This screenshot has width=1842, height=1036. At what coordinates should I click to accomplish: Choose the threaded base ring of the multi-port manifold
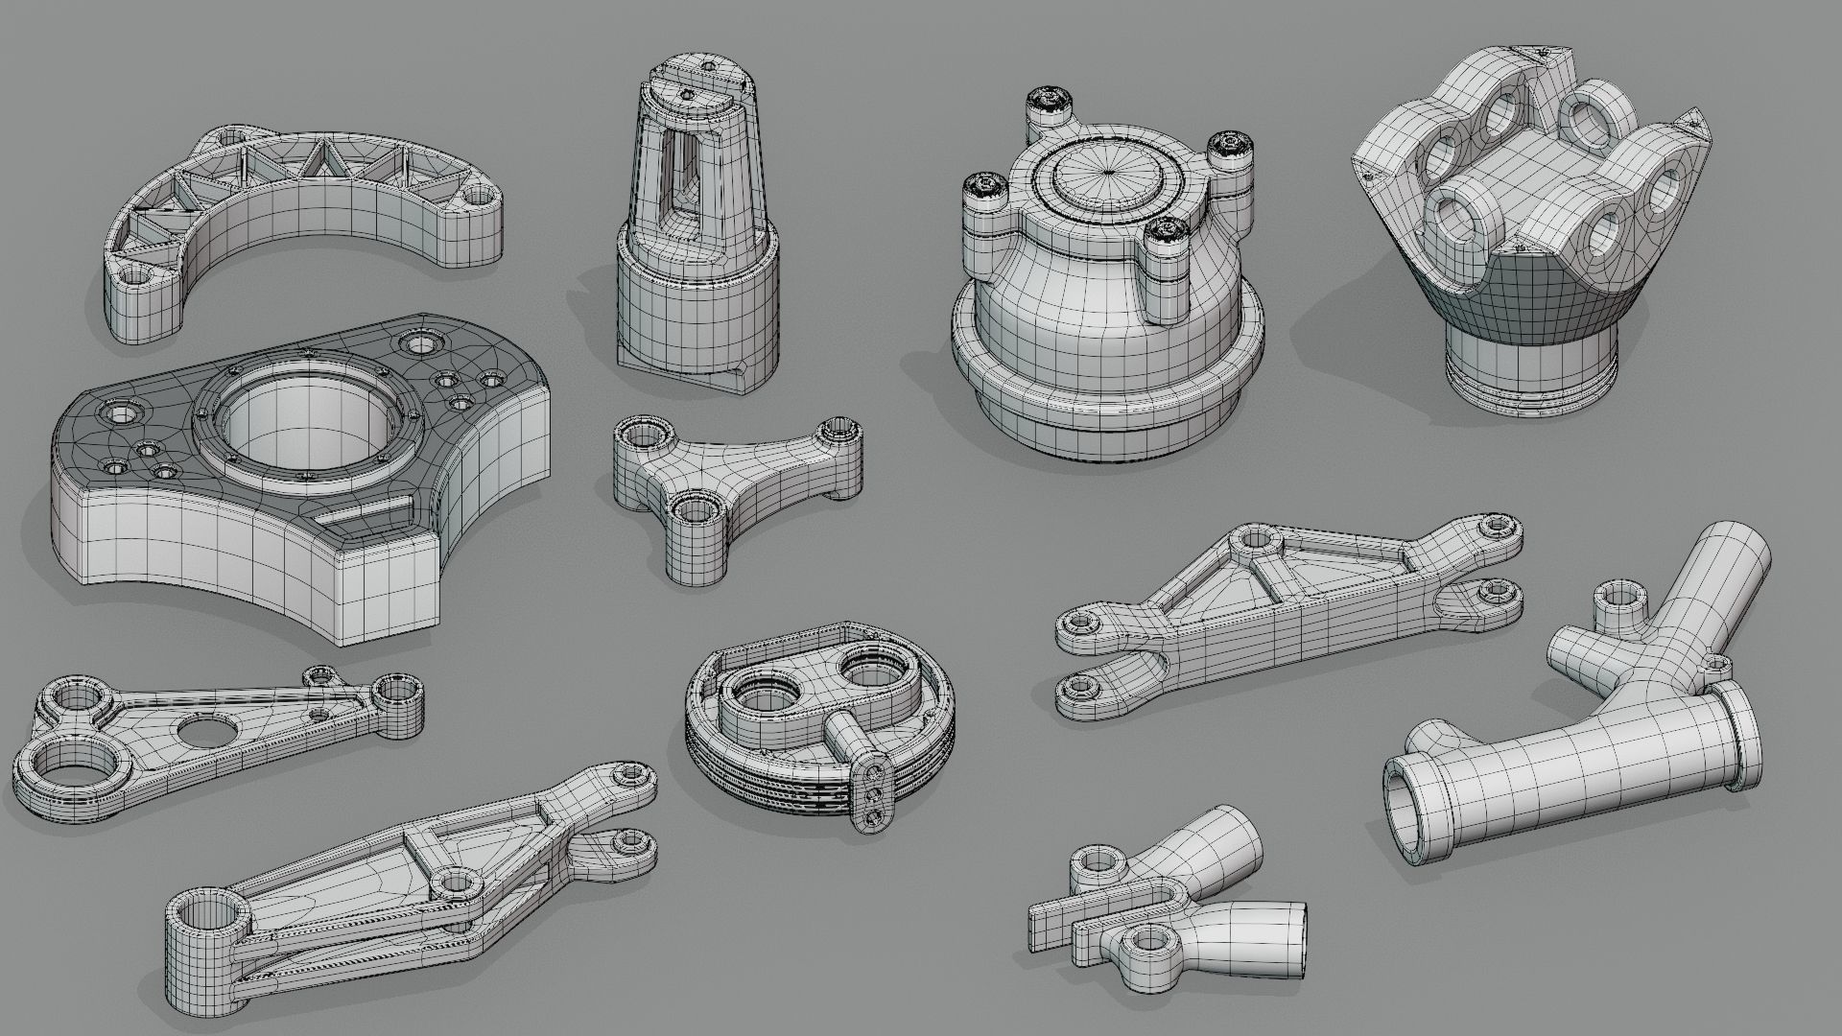[x=1527, y=388]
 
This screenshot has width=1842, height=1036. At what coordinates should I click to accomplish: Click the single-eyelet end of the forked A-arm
[x=1083, y=624]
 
